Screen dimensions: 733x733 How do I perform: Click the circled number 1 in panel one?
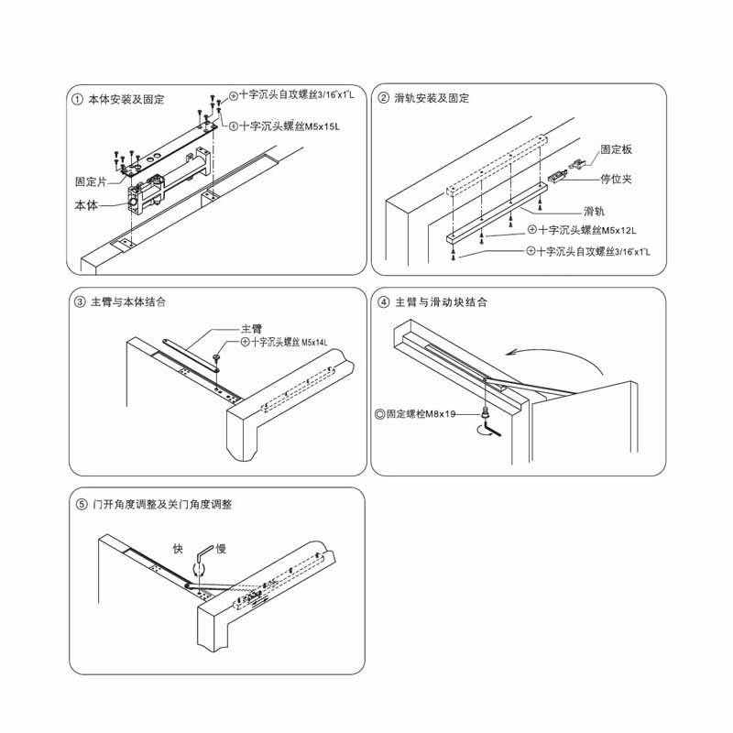(77, 100)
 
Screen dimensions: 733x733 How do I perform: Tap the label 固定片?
(91, 181)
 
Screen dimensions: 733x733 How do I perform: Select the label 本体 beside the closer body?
(86, 205)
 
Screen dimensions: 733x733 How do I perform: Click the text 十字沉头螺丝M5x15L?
(290, 126)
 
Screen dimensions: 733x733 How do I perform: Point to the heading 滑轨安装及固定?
(432, 98)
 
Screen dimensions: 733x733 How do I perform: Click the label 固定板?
(616, 149)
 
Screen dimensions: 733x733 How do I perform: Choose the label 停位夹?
(616, 179)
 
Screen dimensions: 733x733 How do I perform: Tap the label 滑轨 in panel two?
(594, 212)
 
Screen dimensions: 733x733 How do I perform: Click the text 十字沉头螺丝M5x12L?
(587, 230)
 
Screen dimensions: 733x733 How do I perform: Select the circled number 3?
(80, 302)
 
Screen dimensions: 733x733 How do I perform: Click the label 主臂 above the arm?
(251, 329)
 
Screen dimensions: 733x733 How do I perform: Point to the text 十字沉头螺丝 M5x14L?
(290, 342)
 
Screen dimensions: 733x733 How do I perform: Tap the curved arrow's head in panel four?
(512, 353)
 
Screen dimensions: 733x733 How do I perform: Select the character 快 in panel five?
(178, 549)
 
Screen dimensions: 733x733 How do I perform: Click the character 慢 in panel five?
(221, 549)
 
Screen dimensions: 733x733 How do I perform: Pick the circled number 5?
(82, 505)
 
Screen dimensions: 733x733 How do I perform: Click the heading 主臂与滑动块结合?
(442, 302)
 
